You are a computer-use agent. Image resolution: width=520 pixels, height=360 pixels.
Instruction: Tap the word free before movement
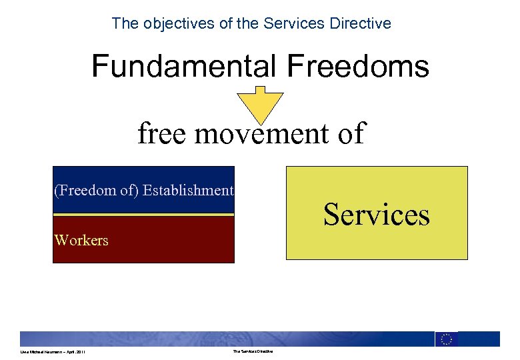(163, 133)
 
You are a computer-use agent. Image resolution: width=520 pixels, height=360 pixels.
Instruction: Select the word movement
(261, 133)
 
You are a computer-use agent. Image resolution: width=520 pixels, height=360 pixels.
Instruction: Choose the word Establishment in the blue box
(189, 191)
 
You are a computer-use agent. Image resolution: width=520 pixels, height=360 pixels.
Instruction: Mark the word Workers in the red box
(81, 240)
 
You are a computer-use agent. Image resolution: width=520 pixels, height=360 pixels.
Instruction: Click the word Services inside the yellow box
(377, 215)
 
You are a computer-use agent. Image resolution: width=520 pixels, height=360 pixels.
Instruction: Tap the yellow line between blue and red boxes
(143, 215)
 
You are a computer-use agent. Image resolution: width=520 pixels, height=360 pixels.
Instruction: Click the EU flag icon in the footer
(446, 339)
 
